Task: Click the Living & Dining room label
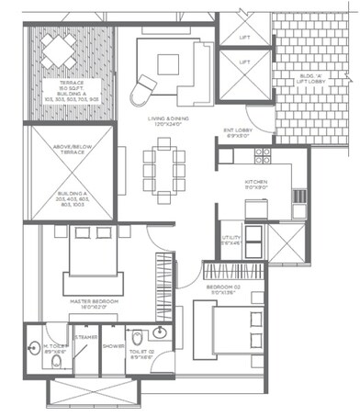[x=164, y=123]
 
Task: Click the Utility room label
[x=231, y=240]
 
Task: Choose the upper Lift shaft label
[x=243, y=38]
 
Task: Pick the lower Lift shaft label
[x=243, y=62]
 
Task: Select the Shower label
[x=113, y=346]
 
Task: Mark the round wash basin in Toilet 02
[x=162, y=332]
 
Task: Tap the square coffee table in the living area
[x=167, y=63]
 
